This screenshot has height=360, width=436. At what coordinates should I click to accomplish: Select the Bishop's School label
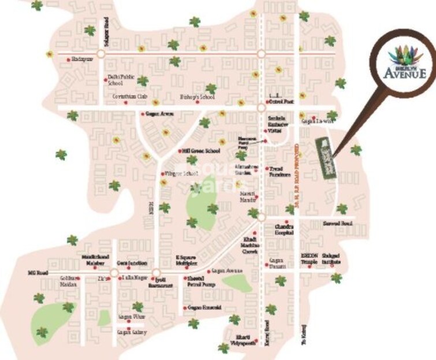[x=197, y=97]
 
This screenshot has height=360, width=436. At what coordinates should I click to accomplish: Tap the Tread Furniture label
[x=280, y=172]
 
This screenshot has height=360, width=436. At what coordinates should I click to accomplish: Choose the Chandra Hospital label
[x=284, y=229]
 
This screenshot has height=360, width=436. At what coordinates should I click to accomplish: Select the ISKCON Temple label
[x=310, y=258]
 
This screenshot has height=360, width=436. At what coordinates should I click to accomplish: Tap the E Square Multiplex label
[x=186, y=258]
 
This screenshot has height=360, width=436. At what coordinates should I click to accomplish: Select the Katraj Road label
[x=267, y=330]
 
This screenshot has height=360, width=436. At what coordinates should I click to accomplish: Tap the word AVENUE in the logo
[x=405, y=73]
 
